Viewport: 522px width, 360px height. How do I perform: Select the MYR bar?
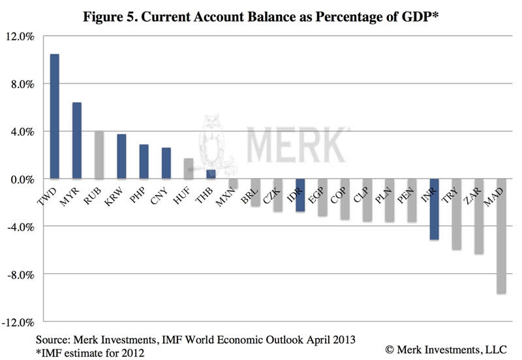pyautogui.click(x=77, y=140)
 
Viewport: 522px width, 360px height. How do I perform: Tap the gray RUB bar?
pyautogui.click(x=99, y=155)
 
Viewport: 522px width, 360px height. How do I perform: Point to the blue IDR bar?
pyautogui.click(x=300, y=195)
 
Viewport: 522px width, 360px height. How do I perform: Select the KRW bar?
pyautogui.click(x=121, y=157)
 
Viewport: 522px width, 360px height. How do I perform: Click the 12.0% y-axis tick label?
pyautogui.click(x=20, y=37)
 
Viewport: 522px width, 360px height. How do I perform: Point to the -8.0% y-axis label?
pyautogui.click(x=19, y=274)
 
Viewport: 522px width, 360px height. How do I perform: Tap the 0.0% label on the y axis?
pyautogui.click(x=22, y=179)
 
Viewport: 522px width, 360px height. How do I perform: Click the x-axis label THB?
pyautogui.click(x=204, y=194)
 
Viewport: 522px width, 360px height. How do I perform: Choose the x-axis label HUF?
pyautogui.click(x=182, y=194)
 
